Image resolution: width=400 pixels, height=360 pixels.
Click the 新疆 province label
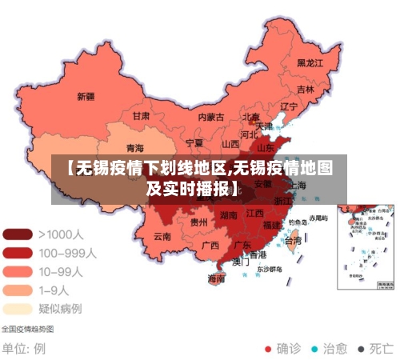[x=86, y=96]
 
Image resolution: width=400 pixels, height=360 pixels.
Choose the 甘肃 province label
[x=141, y=115]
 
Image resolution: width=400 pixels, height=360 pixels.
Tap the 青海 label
[x=135, y=148]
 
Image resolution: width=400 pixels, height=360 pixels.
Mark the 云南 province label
[x=162, y=236]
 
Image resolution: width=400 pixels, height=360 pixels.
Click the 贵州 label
[x=199, y=222]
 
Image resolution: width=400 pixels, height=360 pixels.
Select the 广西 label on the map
[x=210, y=245]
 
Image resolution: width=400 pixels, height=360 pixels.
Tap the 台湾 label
[x=294, y=240]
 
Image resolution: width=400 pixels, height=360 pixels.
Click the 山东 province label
[x=265, y=147]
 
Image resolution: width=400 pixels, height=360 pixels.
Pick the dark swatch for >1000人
[x=18, y=234]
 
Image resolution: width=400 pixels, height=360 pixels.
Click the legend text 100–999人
[x=67, y=253]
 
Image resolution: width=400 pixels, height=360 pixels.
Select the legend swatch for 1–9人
[x=18, y=290]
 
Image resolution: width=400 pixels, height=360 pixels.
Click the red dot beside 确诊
[x=268, y=349]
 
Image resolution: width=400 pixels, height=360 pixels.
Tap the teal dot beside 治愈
[x=314, y=349]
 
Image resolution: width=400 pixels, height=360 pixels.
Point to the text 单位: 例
[x=23, y=349]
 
